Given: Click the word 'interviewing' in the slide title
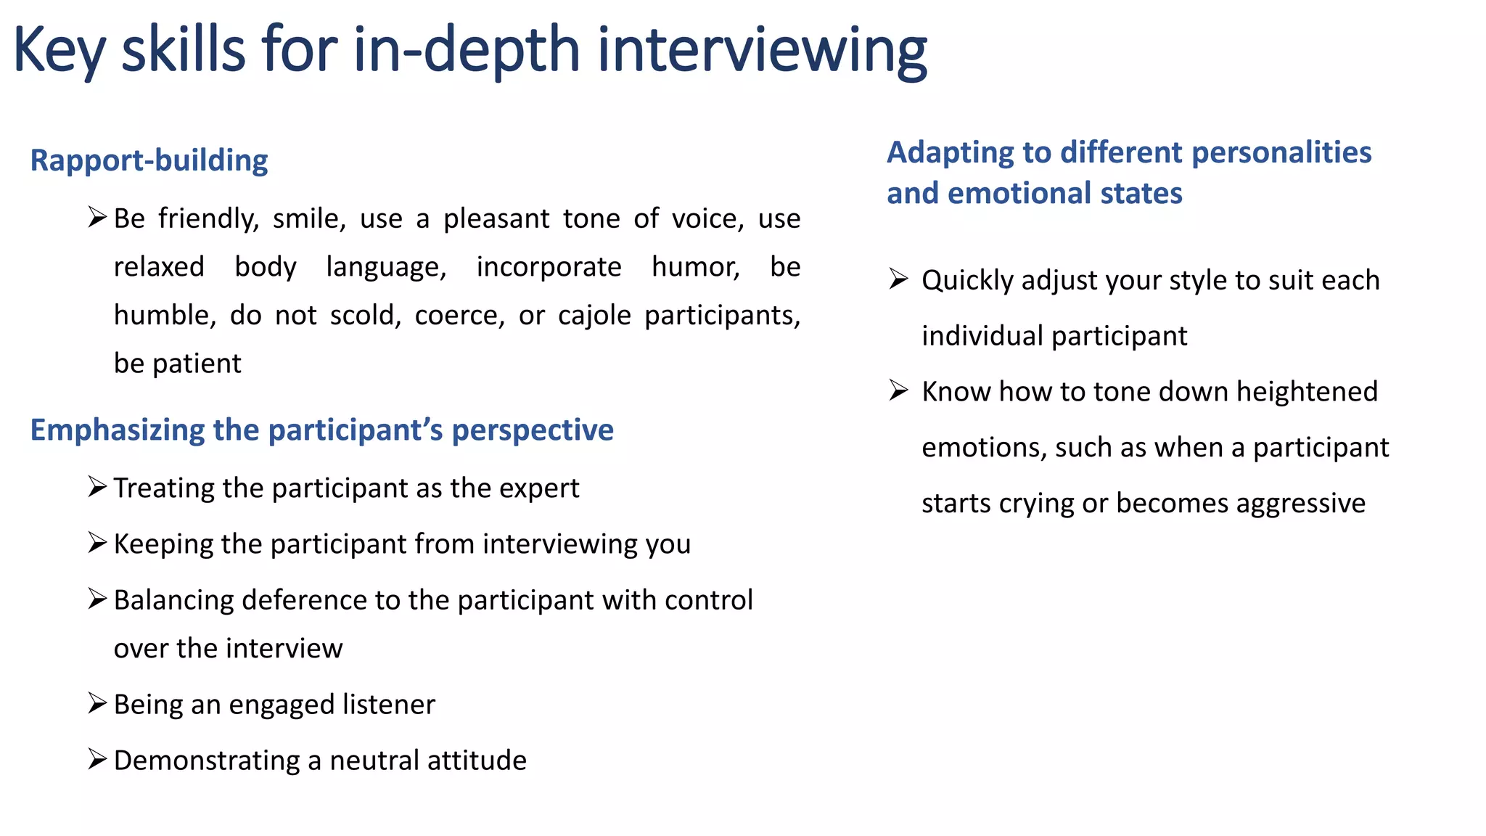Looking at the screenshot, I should pos(762,51).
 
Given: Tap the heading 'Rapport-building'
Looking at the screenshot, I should pos(149,160).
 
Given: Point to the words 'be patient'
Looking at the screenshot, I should pos(177,364).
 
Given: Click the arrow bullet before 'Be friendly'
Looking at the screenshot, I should pos(97,217).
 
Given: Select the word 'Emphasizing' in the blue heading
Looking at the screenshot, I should pos(116,430).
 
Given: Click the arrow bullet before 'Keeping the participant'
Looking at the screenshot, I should pos(97,542).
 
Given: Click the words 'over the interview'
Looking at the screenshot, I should pos(228,648).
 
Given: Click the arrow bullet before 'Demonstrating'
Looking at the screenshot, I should pos(97,759).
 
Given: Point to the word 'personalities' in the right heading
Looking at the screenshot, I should pos(1281,153).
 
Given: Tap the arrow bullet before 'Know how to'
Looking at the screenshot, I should pos(898,390).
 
